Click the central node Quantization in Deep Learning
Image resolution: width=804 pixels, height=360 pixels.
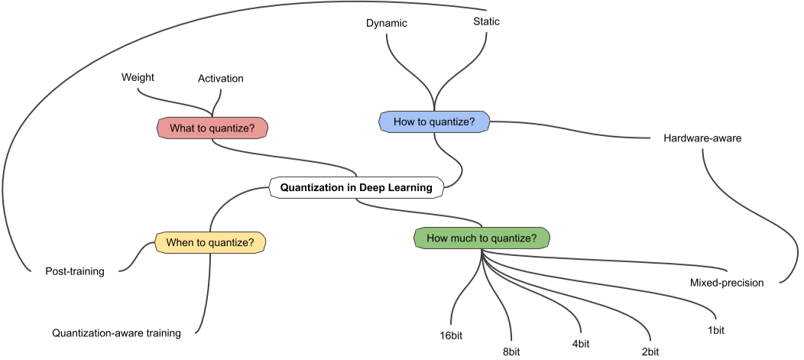(356, 187)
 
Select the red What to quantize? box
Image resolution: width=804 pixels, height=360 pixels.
(212, 128)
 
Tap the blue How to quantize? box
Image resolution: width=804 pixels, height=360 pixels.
(434, 121)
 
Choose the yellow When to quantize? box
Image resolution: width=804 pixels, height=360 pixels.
(210, 242)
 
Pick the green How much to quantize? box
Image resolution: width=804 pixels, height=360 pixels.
(481, 238)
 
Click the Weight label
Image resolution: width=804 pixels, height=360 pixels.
(138, 78)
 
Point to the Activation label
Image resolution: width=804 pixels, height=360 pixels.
(221, 79)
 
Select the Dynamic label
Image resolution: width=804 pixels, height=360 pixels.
(387, 24)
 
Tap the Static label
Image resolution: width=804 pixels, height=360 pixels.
(487, 22)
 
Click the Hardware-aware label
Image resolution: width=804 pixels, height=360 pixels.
(702, 138)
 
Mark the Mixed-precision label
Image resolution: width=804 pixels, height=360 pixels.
(727, 283)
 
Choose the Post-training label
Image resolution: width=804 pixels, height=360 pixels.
(75, 271)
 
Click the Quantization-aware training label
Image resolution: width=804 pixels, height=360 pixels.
(116, 333)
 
